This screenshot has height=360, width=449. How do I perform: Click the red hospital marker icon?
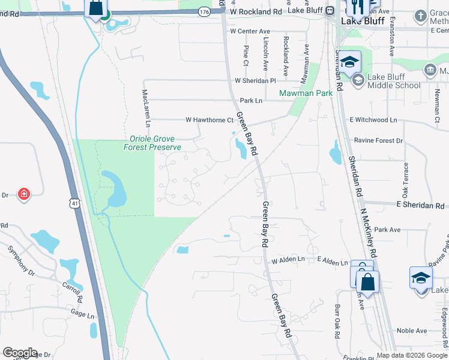[x=23, y=194]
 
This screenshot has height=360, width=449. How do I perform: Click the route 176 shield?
[x=205, y=12]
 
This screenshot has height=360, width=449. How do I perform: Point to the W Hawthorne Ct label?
[x=208, y=120]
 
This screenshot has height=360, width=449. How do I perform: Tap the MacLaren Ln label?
[x=145, y=109]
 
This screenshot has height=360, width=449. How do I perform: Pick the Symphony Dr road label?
[x=21, y=260]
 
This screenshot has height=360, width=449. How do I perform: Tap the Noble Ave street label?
[x=412, y=331]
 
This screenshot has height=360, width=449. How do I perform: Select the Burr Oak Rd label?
[x=338, y=323]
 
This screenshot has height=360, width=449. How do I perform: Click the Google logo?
[x=20, y=353]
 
